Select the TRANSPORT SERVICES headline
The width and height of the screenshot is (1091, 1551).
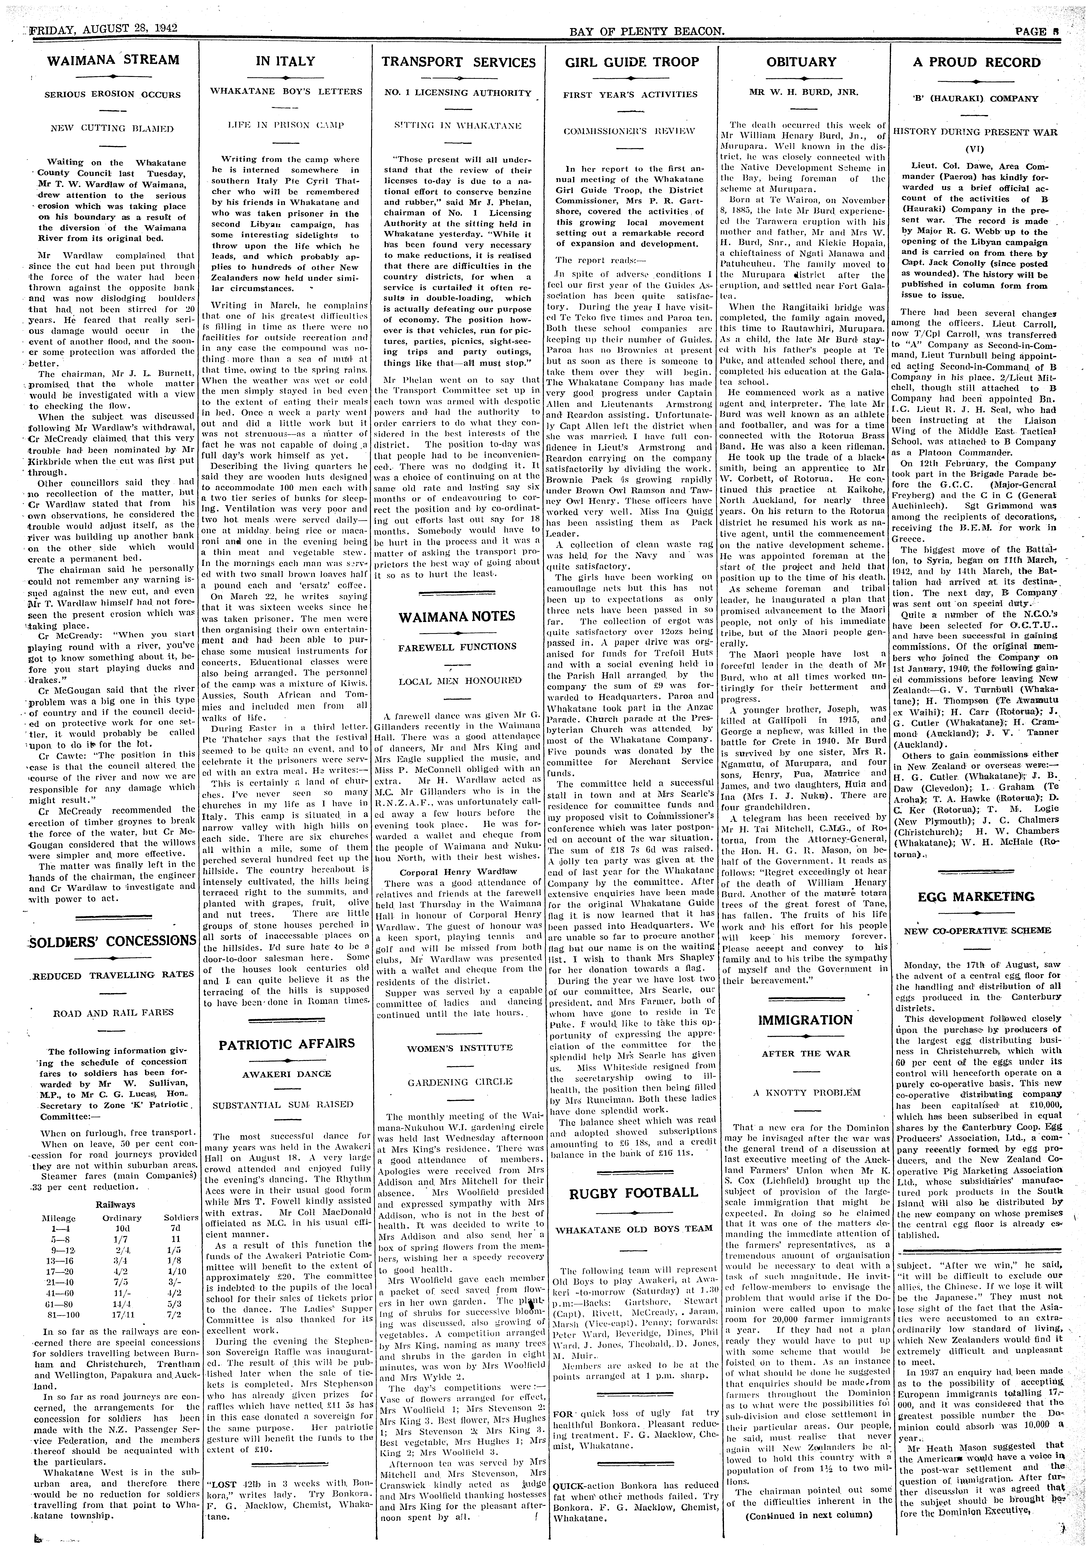point(458,62)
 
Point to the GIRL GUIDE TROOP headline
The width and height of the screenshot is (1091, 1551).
point(631,62)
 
